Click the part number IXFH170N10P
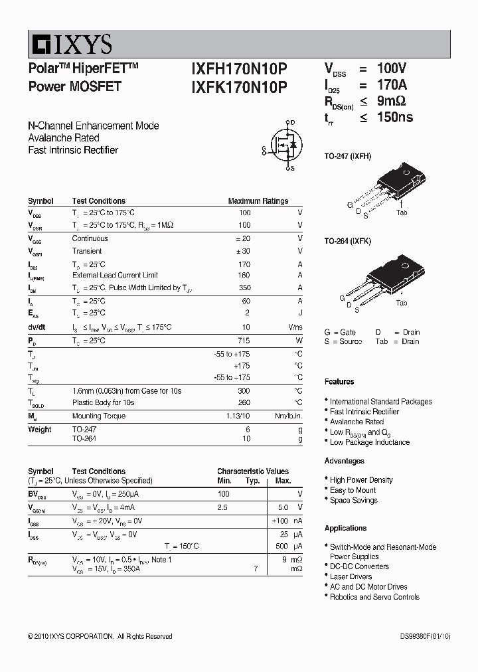coord(239,69)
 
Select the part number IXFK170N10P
coord(239,86)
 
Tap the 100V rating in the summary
coord(392,68)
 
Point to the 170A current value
coord(392,85)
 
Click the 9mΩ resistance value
coord(392,101)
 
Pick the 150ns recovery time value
coord(395,117)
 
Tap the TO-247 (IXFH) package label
coord(348,156)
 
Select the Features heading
coord(339,382)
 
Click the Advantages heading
coord(344,461)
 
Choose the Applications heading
coord(345,529)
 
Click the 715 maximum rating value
coord(245,341)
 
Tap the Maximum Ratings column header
coord(258,201)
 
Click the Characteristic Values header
coord(253,471)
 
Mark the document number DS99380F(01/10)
coord(420,636)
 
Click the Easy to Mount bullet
coord(353,490)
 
